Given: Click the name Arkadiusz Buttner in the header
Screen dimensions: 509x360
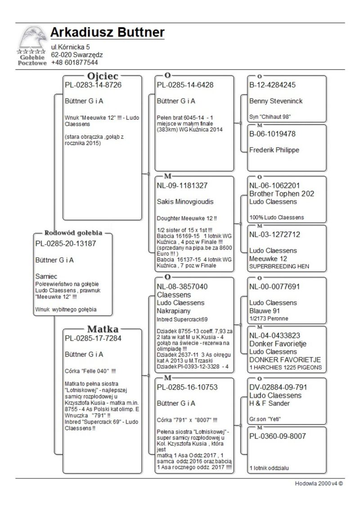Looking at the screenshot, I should coord(107,32).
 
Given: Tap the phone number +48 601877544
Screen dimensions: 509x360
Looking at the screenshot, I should coord(74,63).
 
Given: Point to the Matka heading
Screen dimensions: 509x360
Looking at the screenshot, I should coord(103,328).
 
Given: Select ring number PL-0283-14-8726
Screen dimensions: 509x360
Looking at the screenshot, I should coord(93,85).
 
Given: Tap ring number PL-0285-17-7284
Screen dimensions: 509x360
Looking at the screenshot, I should coord(93,338).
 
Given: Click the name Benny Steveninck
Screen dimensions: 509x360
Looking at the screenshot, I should coord(276,101).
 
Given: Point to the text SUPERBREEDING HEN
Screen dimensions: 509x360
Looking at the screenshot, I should coord(279,266).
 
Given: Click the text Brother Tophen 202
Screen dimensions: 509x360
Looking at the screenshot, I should coord(282,194).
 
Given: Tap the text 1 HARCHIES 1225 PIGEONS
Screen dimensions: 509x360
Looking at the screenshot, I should coord(285,367).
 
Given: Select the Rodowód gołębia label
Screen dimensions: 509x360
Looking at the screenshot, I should coord(74,233).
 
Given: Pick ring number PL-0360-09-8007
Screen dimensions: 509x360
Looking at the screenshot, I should coord(278,436).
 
